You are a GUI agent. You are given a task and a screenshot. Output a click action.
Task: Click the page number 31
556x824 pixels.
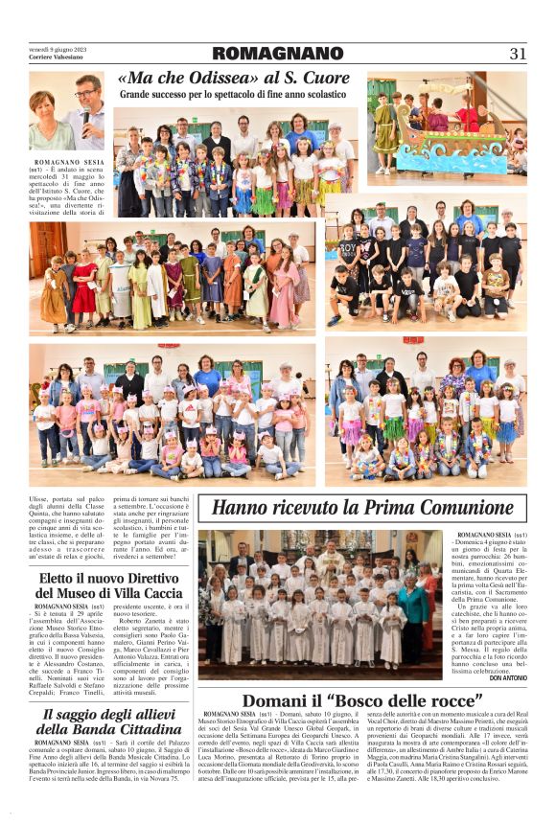(x=518, y=54)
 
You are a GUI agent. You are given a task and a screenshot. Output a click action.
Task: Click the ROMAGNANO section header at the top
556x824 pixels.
(x=277, y=54)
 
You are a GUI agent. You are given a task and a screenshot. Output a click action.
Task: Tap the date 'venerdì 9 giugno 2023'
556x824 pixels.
(x=58, y=47)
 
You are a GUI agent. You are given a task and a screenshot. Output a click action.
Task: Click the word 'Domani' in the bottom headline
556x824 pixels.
(x=280, y=700)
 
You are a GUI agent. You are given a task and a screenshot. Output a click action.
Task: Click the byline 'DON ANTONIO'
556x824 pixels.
(x=508, y=677)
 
